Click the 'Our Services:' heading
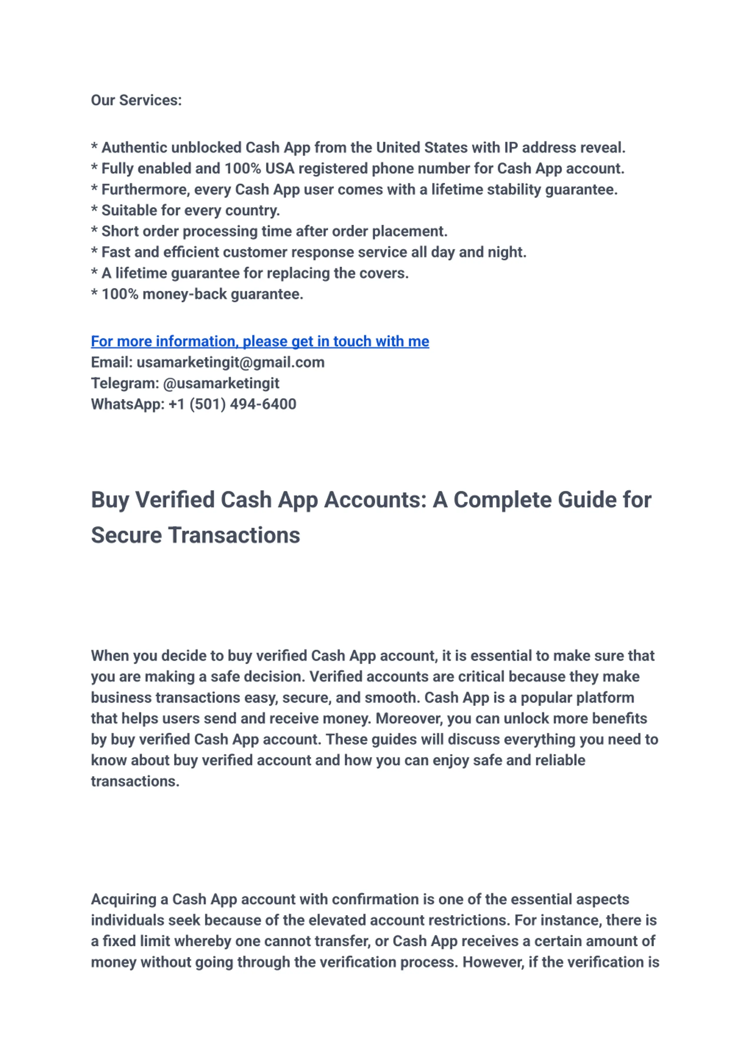136,100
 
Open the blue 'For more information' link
260,341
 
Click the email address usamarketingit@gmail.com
230,362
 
